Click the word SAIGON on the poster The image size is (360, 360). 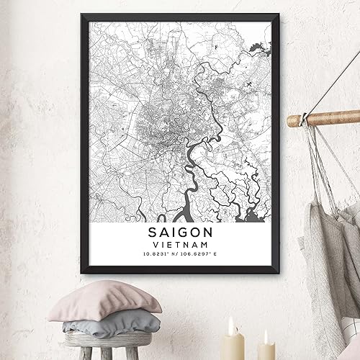[x=181, y=233]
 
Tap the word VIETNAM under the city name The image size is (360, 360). [x=181, y=246]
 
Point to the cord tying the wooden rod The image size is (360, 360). [x=307, y=117]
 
